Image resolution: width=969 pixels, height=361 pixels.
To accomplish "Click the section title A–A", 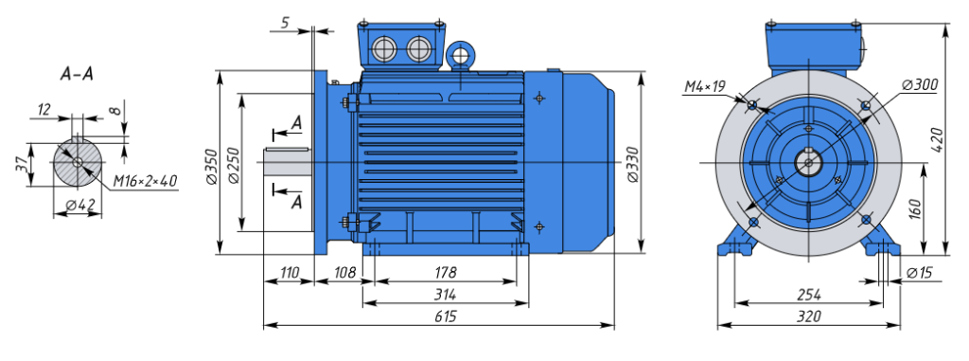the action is pos(78,74).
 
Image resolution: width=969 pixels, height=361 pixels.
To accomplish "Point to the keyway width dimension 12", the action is pos(44,110).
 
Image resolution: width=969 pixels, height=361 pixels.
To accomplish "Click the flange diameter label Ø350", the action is pos(211,167).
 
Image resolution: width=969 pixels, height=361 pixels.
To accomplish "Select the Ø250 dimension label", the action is pos(233,165).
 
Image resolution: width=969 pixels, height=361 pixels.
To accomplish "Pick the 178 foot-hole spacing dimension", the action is pos(445,273).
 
